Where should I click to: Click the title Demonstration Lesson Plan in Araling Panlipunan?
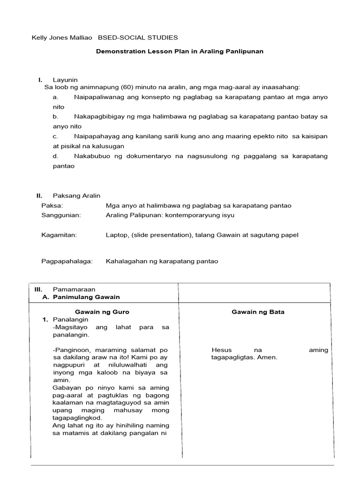180,51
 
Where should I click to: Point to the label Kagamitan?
59,235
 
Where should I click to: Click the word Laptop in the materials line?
116,235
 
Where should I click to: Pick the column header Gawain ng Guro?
102,312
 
